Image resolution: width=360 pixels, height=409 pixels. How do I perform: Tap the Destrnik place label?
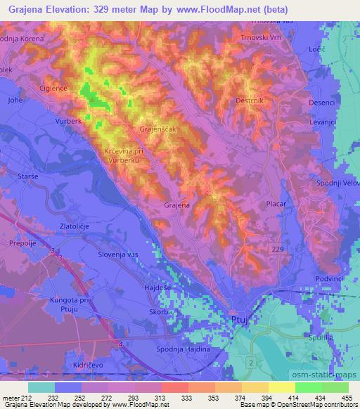(x=250, y=100)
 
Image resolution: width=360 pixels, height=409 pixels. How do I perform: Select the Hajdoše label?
(x=158, y=287)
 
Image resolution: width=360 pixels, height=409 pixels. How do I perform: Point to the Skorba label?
(x=160, y=311)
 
